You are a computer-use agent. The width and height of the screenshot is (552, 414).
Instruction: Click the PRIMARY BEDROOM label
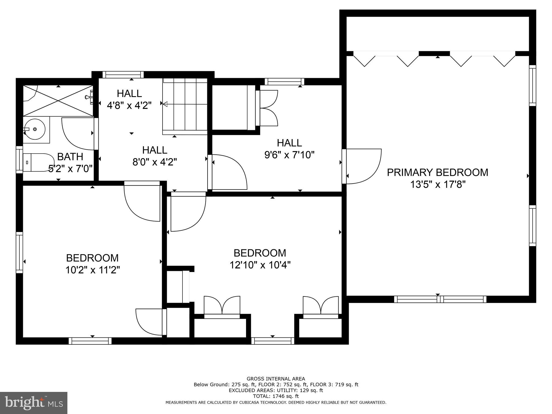(x=437, y=172)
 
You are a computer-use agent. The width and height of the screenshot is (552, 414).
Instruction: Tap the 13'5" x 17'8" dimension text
(x=437, y=185)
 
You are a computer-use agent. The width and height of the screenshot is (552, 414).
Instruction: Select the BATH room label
(x=70, y=157)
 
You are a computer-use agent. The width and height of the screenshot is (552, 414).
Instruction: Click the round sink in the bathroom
(x=34, y=130)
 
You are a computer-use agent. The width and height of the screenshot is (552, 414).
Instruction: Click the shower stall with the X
(x=58, y=101)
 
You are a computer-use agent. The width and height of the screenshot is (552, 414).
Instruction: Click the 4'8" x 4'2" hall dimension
(x=129, y=105)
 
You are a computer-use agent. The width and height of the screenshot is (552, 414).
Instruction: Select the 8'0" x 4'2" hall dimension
(x=155, y=162)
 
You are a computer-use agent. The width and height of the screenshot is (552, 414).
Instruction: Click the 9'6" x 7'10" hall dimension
(x=289, y=155)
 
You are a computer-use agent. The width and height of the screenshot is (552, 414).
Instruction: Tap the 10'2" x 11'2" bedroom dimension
(x=92, y=270)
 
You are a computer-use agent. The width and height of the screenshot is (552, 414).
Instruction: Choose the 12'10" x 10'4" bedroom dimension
(x=260, y=265)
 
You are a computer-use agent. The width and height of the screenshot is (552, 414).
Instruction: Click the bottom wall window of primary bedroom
(x=440, y=299)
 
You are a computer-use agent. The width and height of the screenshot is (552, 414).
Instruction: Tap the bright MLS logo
(x=33, y=403)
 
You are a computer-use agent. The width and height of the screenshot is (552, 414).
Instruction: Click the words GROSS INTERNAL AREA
(x=276, y=379)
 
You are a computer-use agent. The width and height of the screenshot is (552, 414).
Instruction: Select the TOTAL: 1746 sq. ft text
(x=276, y=396)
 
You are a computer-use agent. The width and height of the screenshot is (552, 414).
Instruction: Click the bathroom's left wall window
(x=19, y=160)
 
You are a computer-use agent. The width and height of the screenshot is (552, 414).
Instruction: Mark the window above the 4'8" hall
(x=123, y=75)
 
